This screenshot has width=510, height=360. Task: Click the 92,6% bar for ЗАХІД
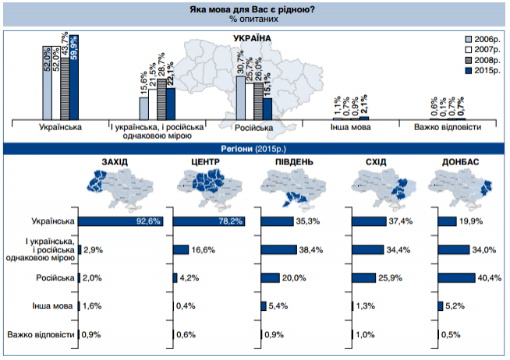tap(120, 221)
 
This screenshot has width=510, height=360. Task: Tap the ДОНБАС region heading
tap(459, 161)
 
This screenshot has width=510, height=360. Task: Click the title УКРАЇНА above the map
tap(253, 37)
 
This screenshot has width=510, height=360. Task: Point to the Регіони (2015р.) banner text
tap(254, 147)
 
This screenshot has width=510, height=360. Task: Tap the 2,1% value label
tap(365, 103)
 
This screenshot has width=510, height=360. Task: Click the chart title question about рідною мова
tap(253, 9)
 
